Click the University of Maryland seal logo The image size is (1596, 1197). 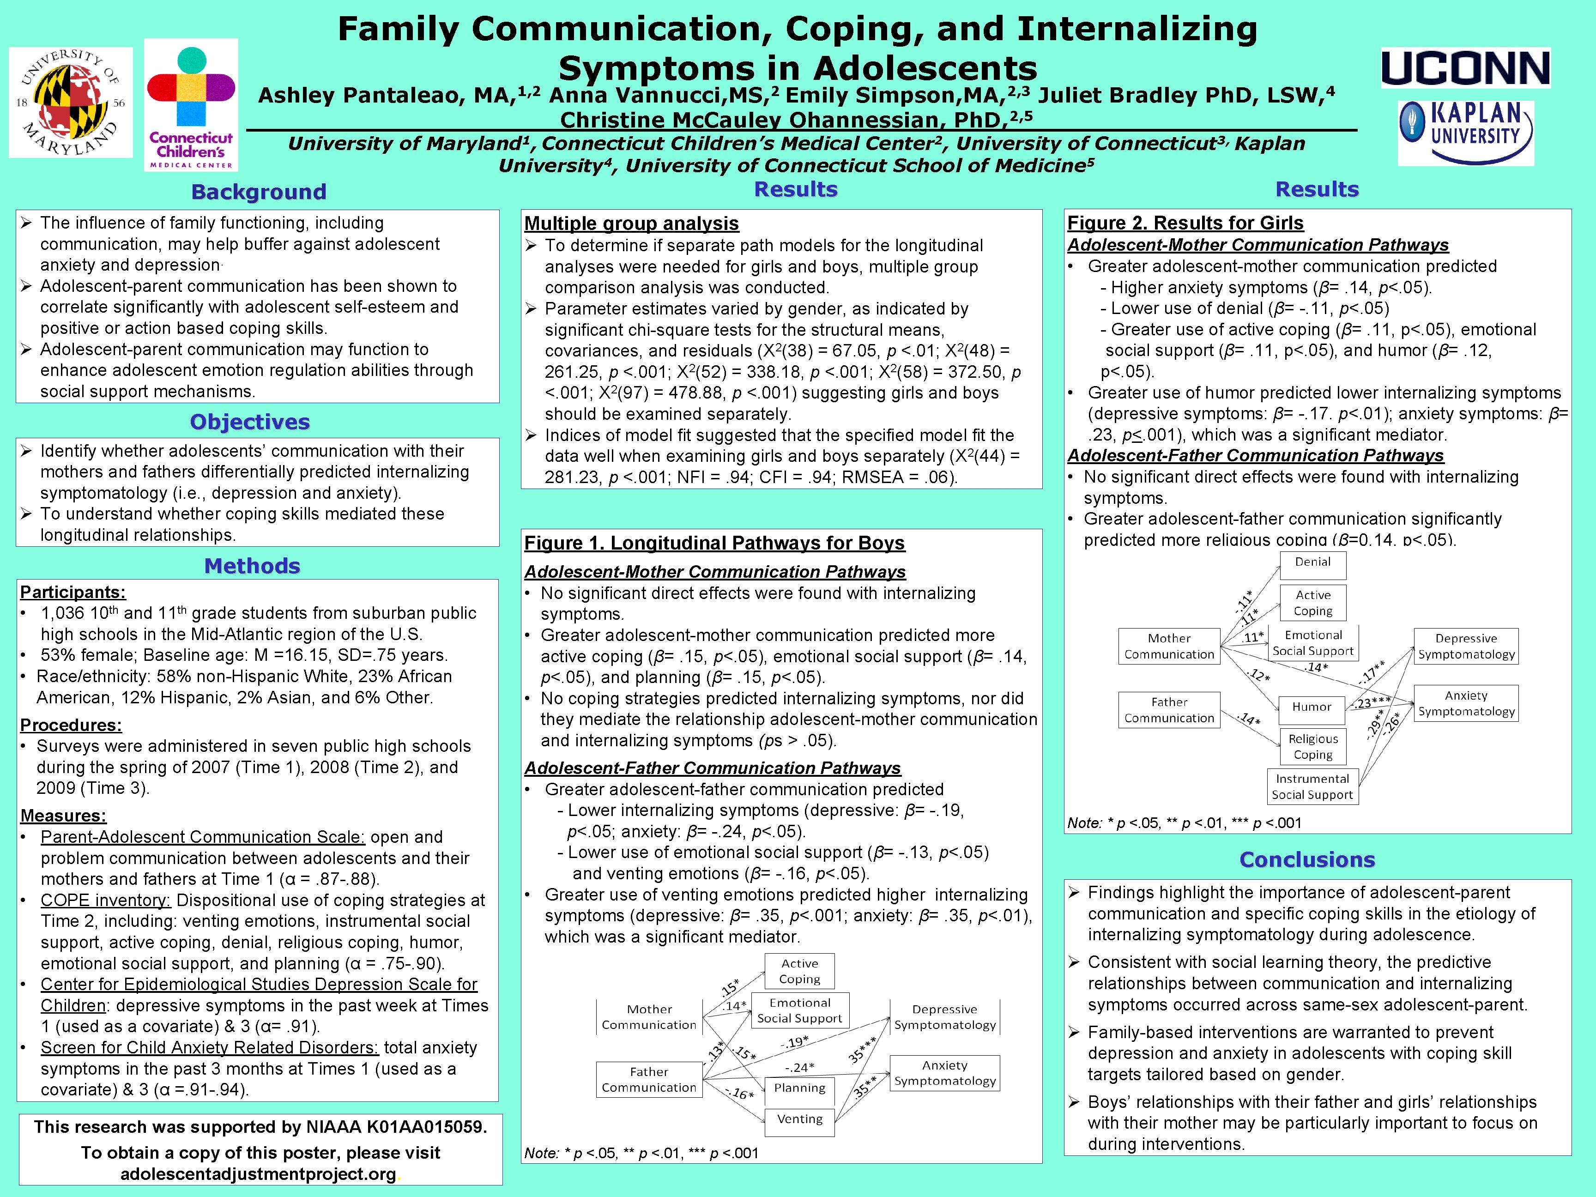coord(71,103)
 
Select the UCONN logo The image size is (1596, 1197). coord(1465,68)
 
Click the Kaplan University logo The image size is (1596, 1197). coord(1465,133)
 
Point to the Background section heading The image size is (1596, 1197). coord(258,192)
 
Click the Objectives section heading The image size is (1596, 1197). coord(250,422)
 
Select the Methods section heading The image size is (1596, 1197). coord(252,566)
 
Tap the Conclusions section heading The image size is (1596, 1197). coord(1306,860)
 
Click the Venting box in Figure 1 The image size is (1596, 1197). coord(799,1119)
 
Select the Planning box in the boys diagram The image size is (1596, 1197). coord(799,1088)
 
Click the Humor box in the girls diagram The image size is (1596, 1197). coord(1312,707)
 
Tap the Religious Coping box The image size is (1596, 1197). coord(1312,747)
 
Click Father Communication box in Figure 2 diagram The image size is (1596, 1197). coord(1169,710)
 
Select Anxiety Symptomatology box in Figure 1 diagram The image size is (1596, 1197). coord(944,1073)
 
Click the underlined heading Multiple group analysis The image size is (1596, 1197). coord(631,224)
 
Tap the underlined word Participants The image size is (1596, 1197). coord(72,592)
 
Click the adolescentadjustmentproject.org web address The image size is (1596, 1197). coord(258,1174)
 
